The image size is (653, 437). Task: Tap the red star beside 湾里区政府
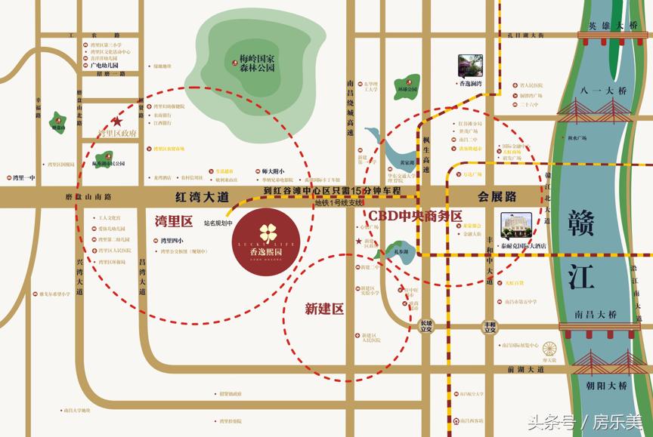[x=117, y=121]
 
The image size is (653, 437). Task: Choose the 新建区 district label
[x=324, y=308]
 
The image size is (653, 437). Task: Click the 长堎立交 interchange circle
[x=429, y=325]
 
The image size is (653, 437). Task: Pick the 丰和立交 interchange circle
[x=491, y=326]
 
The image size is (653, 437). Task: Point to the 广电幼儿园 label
[x=106, y=65]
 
